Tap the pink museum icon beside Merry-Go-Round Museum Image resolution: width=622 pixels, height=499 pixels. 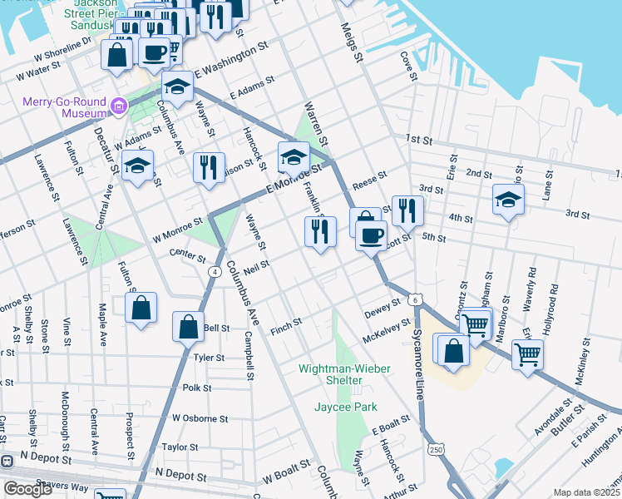119,106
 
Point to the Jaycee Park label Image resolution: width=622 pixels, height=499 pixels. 346,407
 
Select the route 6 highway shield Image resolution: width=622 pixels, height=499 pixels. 415,298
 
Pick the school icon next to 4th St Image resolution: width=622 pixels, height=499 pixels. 508,200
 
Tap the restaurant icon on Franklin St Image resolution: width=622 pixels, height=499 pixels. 320,230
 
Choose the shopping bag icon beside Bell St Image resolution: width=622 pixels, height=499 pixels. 188,326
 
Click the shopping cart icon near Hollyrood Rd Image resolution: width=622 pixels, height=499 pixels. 527,353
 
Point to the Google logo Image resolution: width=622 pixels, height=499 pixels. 27,489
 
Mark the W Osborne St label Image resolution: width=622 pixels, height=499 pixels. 199,417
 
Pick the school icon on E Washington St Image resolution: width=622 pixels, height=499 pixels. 177,86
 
